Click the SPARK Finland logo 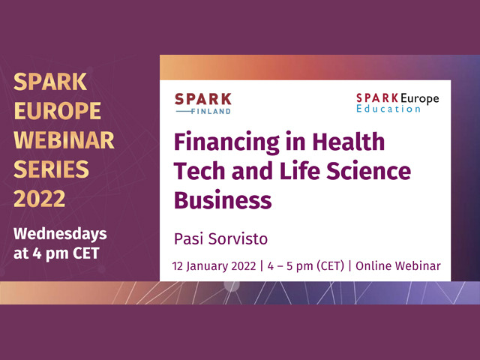pos(203,103)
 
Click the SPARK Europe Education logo pos(397,103)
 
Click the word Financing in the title pos(226,142)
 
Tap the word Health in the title pos(348,142)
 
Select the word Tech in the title pos(200,171)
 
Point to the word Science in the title pos(368,171)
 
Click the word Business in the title pos(223,200)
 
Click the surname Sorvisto pos(238,238)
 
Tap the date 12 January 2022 pos(214,265)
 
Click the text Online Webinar pos(398,265)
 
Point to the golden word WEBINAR pos(64,140)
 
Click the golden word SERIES pos(51,169)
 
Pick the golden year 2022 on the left pos(40,199)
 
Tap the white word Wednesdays pos(60,235)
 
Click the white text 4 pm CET pos(66,253)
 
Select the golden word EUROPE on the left pos(57,111)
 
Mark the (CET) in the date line pos(330,266)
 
